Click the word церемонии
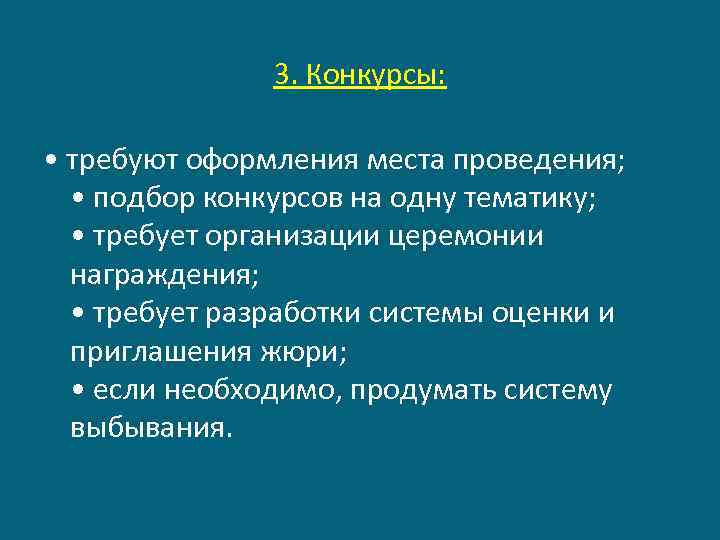(470, 237)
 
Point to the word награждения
(150, 275)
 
